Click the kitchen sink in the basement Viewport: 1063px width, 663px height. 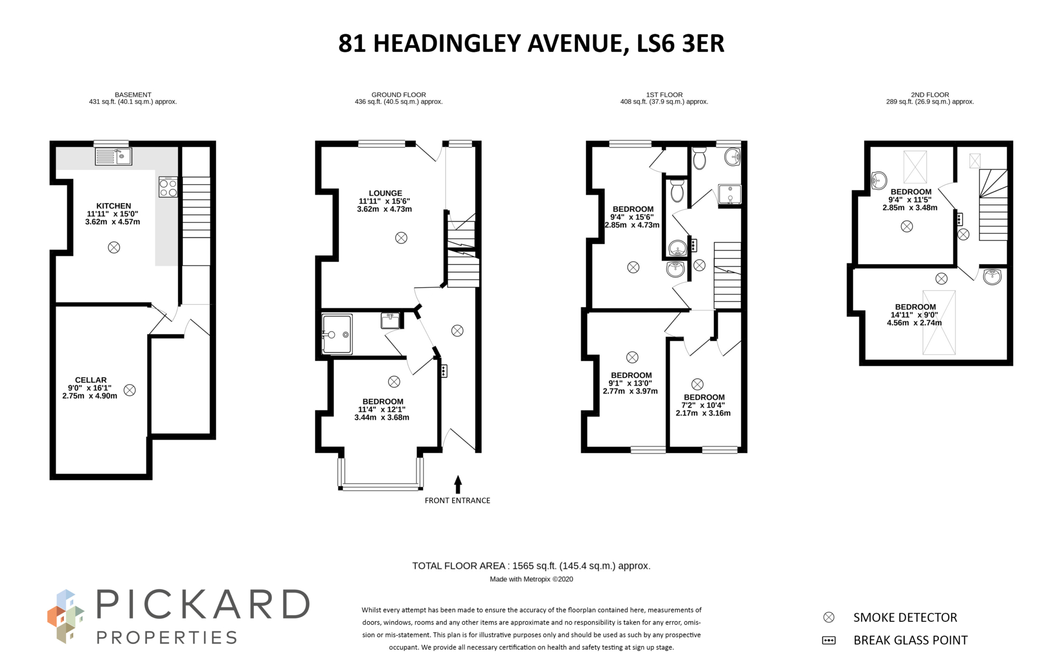(x=114, y=156)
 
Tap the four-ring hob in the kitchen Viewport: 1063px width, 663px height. (x=168, y=187)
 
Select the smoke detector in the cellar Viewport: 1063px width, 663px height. (x=130, y=390)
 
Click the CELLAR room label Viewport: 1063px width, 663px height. (x=91, y=380)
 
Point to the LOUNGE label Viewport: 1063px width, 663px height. (x=385, y=193)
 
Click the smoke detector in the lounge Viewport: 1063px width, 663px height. (x=401, y=238)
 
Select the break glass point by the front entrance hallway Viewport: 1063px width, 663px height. (x=444, y=371)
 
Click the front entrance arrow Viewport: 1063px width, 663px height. (x=458, y=484)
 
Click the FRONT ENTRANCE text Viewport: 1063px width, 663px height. (x=457, y=500)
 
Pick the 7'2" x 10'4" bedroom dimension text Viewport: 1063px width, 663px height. (x=703, y=405)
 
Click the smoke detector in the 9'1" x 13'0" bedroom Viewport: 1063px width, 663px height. (x=632, y=357)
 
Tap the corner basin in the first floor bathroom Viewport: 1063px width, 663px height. (x=732, y=156)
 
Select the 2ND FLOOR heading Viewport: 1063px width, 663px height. (x=930, y=94)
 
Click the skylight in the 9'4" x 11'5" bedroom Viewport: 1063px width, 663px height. (x=915, y=167)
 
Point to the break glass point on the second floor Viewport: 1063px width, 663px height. (x=959, y=219)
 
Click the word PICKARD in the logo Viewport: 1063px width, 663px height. (x=203, y=605)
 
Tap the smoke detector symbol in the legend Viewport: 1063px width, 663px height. (x=829, y=617)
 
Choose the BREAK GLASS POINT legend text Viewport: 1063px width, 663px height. (x=910, y=640)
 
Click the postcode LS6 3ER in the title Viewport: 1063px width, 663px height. (x=680, y=43)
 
